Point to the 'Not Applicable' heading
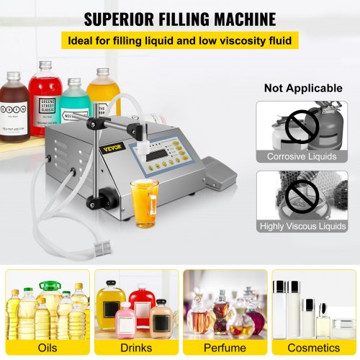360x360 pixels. point(303,89)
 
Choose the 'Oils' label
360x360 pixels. point(47,348)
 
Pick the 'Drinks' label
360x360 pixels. point(136,348)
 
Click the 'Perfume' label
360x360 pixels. point(225,348)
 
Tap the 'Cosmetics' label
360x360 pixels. point(312,348)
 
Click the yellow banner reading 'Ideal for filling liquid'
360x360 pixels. point(179,41)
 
